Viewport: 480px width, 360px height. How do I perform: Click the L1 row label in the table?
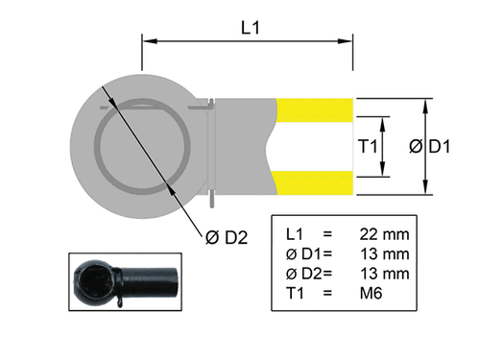296,234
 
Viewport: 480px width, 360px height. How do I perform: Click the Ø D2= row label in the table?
304,274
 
